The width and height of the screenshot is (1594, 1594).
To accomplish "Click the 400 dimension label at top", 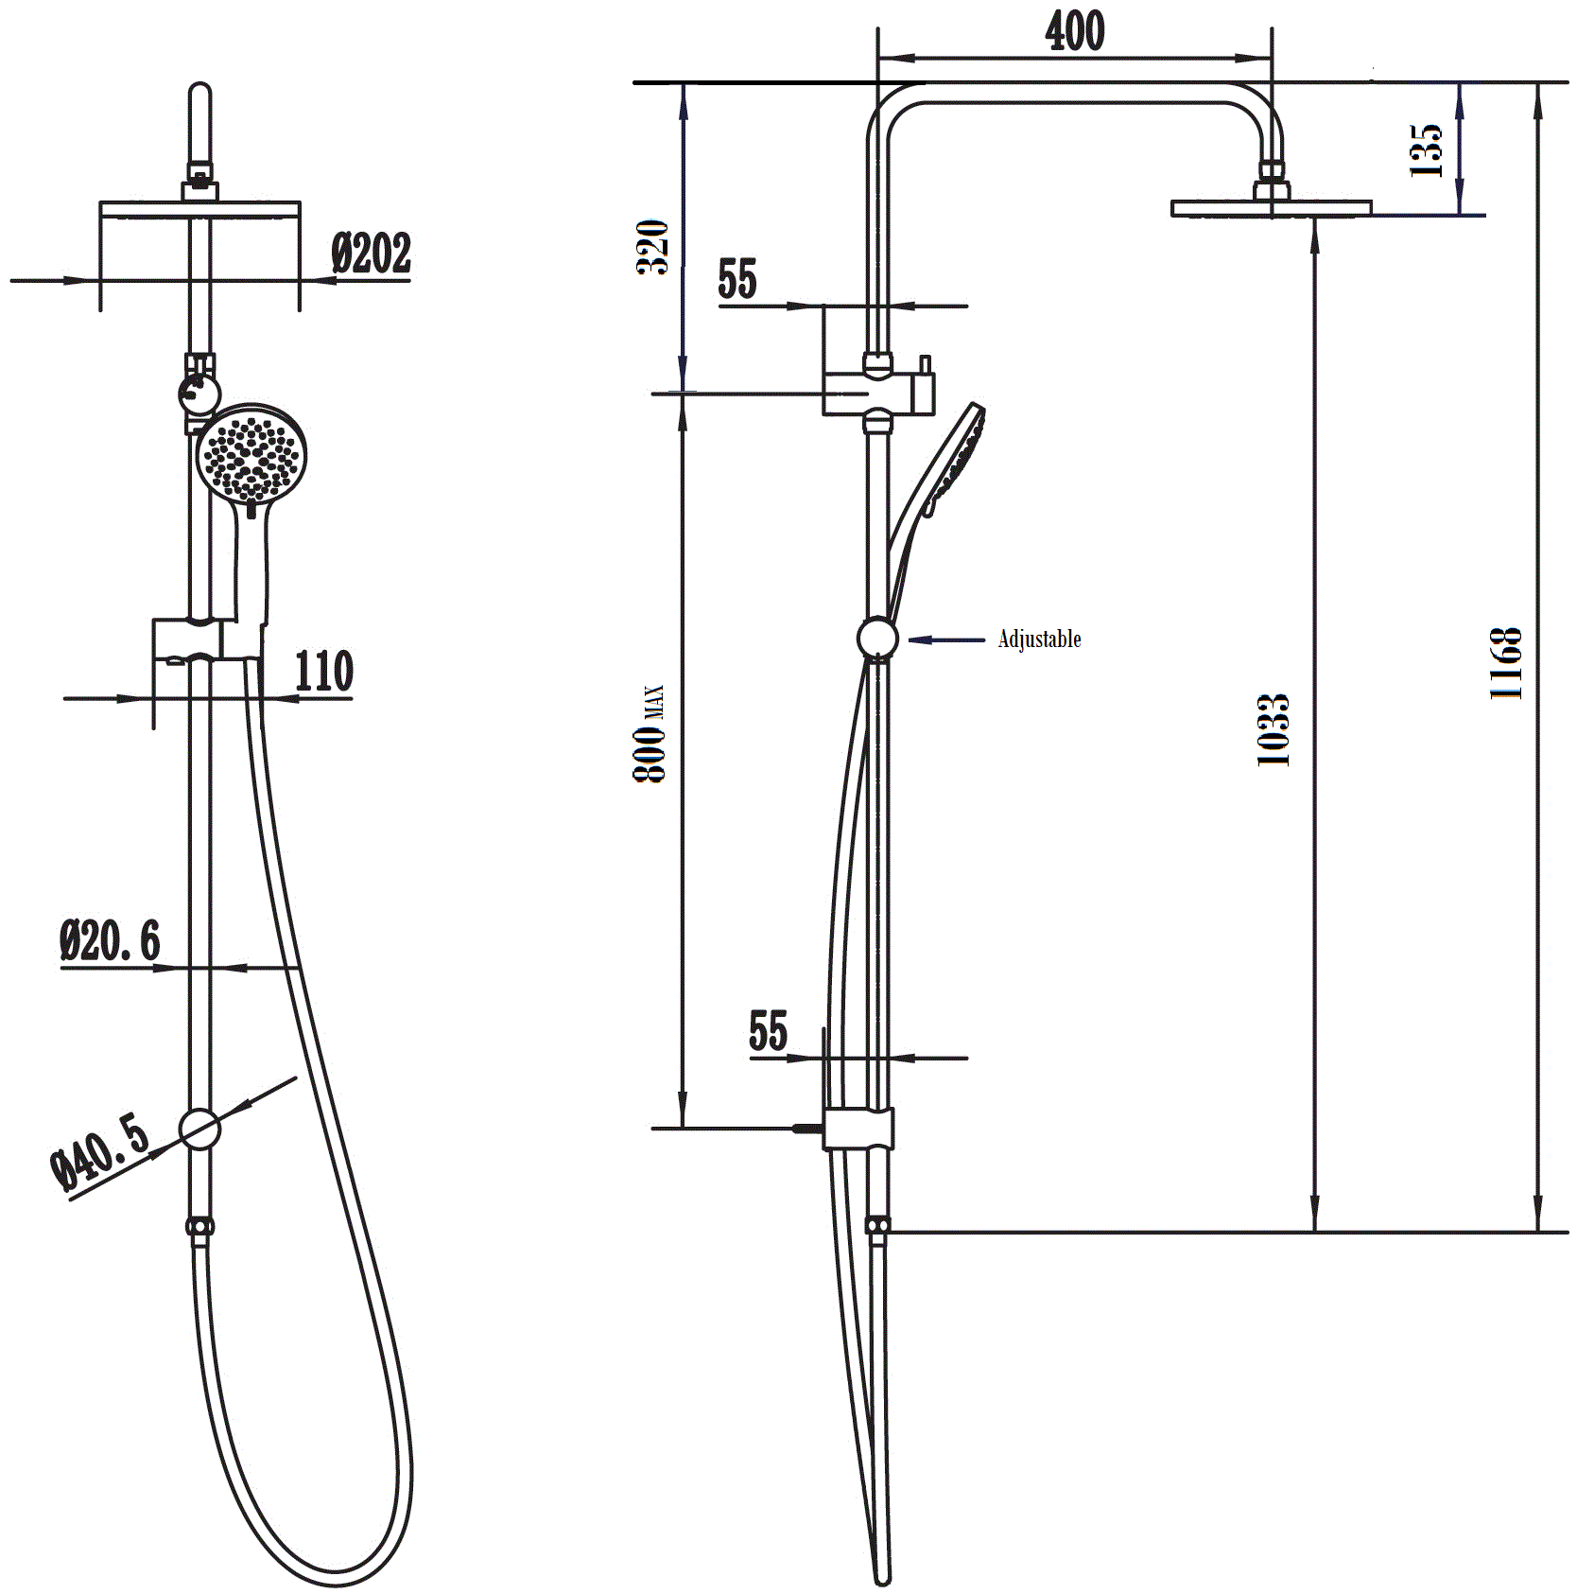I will (x=1074, y=32).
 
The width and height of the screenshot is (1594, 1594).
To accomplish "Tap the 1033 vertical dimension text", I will (x=1273, y=729).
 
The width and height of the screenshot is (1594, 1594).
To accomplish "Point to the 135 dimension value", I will (x=1426, y=149).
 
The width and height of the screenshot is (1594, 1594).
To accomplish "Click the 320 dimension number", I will (x=652, y=247).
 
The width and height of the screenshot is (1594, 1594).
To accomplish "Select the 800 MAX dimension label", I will (x=650, y=733).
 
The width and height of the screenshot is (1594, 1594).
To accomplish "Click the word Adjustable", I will (x=1039, y=639).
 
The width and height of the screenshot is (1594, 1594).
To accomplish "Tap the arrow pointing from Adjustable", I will (x=946, y=640).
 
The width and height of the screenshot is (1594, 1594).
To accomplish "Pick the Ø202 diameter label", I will (x=372, y=254).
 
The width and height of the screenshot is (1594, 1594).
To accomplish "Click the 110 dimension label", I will (x=323, y=671).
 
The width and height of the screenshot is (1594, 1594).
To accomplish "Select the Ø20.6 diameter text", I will (x=111, y=940).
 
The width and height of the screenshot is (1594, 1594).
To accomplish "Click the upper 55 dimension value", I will (x=737, y=279).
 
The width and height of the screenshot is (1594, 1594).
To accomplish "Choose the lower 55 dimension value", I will (x=768, y=1031).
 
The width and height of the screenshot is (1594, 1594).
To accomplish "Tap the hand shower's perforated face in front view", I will (x=251, y=455).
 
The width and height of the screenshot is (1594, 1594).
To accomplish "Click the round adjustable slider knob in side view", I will (x=877, y=639).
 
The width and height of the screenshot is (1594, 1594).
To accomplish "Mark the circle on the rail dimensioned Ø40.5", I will (x=199, y=1128).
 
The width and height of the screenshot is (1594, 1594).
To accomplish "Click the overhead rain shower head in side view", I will (x=1271, y=207).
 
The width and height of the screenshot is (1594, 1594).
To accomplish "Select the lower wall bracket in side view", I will (x=858, y=1128).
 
